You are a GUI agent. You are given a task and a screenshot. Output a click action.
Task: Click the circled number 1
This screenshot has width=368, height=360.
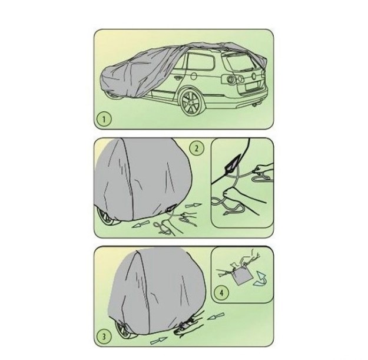(x=104, y=119)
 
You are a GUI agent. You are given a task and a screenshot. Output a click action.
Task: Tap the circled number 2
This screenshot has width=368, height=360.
(x=197, y=148)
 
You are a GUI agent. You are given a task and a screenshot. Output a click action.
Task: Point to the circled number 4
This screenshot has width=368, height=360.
(x=221, y=293)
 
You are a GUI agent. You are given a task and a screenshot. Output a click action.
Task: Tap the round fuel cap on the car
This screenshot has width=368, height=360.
(x=194, y=76)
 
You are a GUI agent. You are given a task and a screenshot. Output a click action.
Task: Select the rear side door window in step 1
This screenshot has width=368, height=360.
(x=201, y=61)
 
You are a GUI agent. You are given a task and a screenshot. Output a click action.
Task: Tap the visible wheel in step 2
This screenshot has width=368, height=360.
(x=107, y=217)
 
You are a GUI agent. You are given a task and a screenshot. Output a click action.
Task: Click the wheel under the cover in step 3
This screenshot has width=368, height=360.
(x=124, y=329)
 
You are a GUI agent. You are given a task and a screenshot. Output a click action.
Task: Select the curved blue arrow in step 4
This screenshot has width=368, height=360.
(x=260, y=279)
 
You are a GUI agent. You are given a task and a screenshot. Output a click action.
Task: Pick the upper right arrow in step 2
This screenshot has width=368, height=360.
(x=193, y=206)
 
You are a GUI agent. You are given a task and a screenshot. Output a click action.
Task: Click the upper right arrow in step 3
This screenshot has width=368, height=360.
(x=216, y=316)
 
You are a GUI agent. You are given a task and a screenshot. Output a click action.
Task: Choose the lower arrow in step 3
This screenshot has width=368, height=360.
(x=158, y=340)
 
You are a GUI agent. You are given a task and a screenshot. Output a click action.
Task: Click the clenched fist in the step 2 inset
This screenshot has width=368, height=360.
(x=230, y=194)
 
